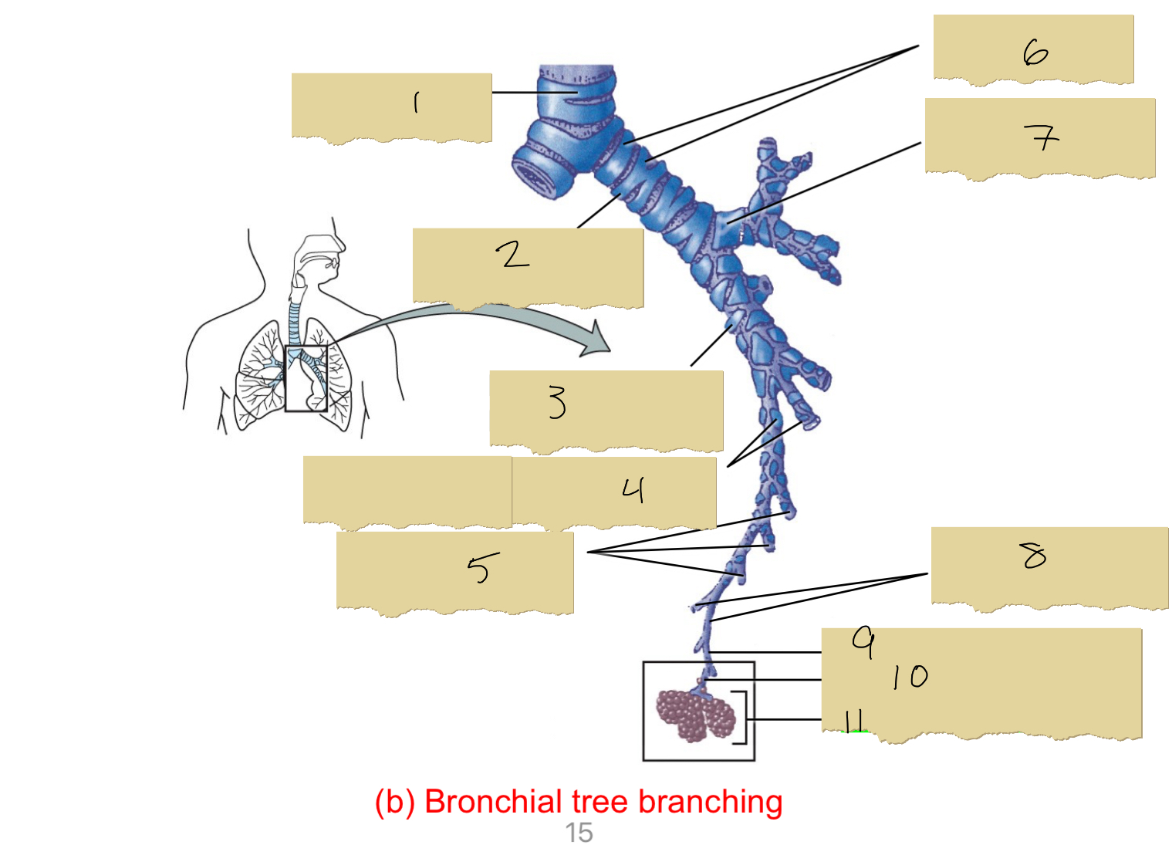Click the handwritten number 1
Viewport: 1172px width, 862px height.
417,103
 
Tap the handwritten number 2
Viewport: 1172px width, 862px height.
512,254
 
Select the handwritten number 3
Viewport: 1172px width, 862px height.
557,402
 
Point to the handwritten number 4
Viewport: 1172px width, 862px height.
633,489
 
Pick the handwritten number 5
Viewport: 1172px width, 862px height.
482,569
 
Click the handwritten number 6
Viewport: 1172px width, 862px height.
1035,52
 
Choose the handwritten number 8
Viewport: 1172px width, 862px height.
1033,555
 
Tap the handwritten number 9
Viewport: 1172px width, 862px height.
864,641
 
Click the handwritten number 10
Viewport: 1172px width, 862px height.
910,677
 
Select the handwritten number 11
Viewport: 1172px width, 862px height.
853,722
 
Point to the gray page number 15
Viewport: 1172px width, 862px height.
579,833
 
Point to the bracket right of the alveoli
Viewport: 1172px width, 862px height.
741,718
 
